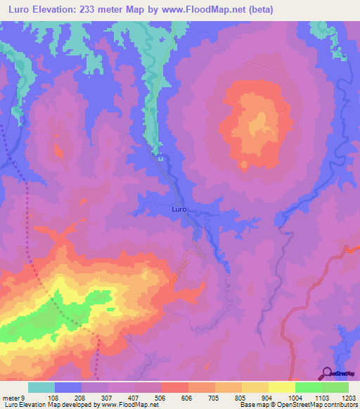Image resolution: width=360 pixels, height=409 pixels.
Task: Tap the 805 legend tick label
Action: click(241, 398)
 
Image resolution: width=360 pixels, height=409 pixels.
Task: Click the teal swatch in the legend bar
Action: click(41, 387)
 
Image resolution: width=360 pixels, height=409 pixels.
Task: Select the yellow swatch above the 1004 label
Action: click(281, 387)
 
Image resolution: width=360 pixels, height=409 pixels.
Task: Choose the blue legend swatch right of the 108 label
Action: click(68, 387)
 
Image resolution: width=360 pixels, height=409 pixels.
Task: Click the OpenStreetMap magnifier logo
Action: click(325, 372)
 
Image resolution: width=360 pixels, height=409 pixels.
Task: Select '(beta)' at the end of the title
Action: click(258, 10)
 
